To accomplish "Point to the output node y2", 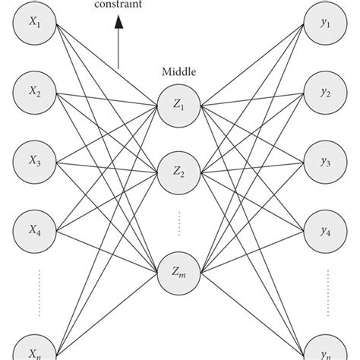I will (x=325, y=93).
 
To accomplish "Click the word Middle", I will (x=179, y=73).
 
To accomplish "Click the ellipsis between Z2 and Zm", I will (x=179, y=224).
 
